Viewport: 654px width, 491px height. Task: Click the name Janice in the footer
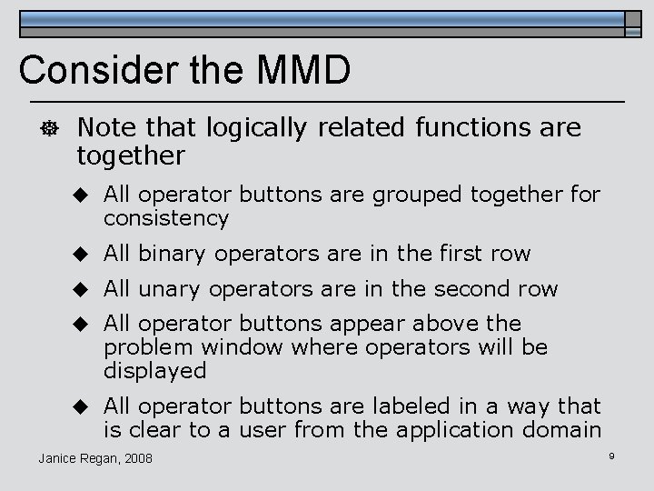click(x=61, y=457)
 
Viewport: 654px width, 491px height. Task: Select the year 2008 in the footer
click(x=136, y=457)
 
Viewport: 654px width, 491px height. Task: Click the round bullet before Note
click(x=34, y=130)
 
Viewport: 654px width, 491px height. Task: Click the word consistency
click(x=166, y=218)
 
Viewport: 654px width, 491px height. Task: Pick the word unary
click(x=166, y=288)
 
